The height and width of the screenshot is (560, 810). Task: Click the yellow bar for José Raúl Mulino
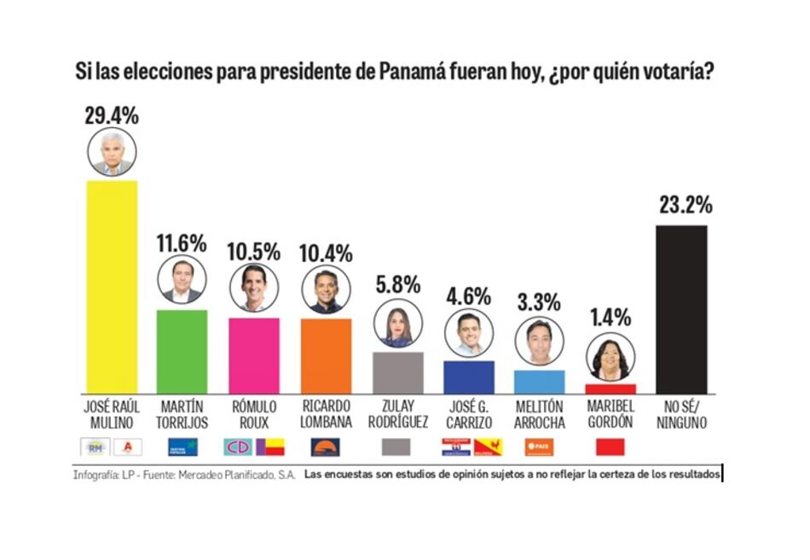point(113,286)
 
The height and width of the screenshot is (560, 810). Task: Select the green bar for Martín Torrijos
point(182,351)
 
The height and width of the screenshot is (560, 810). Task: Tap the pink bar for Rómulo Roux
point(254,355)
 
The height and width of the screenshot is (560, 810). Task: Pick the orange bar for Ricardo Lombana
point(326,355)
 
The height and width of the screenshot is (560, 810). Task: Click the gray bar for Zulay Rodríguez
point(398,372)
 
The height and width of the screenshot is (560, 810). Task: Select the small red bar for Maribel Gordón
point(610,388)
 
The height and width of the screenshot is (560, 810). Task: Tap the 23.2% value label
point(685,206)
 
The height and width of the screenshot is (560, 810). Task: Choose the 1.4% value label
point(610,319)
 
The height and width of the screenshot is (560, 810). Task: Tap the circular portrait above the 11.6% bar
point(182,281)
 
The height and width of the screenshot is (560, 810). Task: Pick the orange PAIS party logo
point(540,446)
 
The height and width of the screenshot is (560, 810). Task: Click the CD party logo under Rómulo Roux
point(238,446)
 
